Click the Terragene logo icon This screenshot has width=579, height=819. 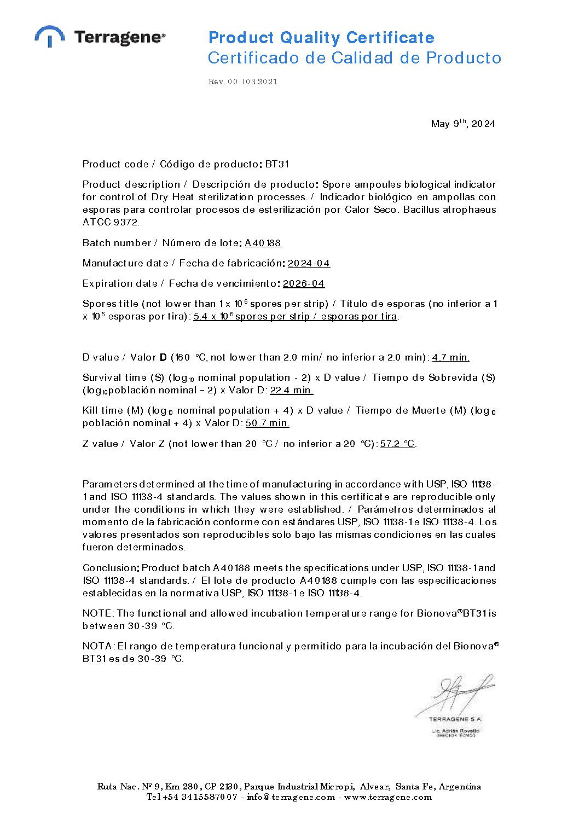point(50,36)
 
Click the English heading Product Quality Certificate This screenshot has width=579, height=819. point(321,38)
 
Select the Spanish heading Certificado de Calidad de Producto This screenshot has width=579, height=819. point(354,58)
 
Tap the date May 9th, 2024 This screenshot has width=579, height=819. point(462,124)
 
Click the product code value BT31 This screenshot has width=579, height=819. point(277,164)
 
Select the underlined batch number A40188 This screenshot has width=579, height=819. point(263,243)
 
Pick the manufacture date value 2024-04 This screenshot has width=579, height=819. point(309,263)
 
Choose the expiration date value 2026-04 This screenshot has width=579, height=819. point(303,283)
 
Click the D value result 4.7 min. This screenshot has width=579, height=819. point(450,357)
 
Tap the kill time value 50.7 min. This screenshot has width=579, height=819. point(267,423)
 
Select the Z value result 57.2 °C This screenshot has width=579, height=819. point(397,444)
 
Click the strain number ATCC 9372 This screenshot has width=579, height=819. point(111,222)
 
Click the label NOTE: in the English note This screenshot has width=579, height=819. point(98,613)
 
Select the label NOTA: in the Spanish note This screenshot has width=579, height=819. point(98,646)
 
